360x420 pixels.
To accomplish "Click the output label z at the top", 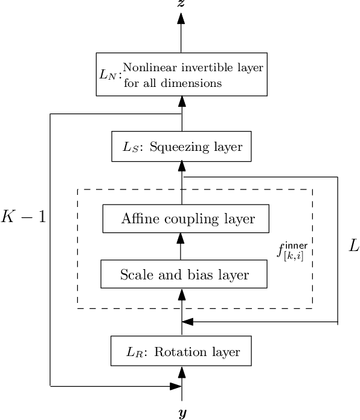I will click(x=181, y=4).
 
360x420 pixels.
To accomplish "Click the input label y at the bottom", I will click(x=181, y=413).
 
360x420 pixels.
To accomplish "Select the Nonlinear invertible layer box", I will click(x=181, y=74).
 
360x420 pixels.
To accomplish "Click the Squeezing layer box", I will click(x=181, y=147).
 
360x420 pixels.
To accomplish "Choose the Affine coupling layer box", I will click(x=185, y=218).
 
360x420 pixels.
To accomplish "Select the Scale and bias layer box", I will click(x=184, y=275).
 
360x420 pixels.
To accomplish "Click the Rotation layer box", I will click(x=181, y=351).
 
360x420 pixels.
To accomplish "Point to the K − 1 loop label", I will click(x=22, y=217).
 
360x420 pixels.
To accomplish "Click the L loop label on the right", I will click(x=353, y=246).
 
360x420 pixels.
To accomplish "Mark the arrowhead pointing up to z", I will click(x=181, y=18).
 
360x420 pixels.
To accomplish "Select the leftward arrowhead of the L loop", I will click(x=188, y=322).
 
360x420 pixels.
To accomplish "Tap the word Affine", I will click(x=140, y=218).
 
